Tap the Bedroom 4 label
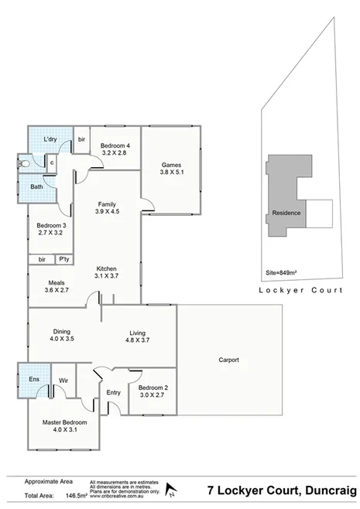point(114,145)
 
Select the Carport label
point(228,360)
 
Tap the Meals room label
point(56,282)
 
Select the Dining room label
point(63,330)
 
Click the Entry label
point(114,392)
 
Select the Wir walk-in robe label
point(63,381)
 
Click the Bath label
point(36,186)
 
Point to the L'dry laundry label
point(51,138)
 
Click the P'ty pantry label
point(63,259)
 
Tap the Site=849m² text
point(283,272)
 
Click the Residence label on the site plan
point(287,213)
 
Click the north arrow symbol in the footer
point(173,490)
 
